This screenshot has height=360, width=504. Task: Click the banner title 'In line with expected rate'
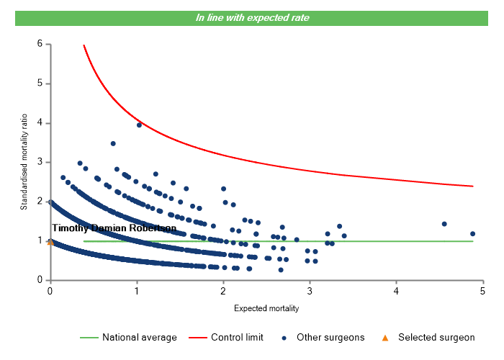point(252,17)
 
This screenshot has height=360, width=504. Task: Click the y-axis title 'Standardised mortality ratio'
point(24,162)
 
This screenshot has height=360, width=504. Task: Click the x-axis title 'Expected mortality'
point(266,308)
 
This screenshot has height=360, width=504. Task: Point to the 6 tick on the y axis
point(40,44)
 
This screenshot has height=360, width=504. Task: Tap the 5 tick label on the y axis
point(40,84)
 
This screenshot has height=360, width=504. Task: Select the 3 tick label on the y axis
point(40,162)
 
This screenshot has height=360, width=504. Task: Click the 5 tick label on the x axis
point(483,290)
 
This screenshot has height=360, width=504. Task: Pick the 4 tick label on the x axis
point(397,290)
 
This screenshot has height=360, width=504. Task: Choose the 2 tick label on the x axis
point(223,290)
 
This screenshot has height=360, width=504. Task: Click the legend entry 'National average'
point(139,337)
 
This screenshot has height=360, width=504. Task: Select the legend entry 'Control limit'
point(237,337)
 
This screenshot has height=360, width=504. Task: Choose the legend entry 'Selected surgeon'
point(436,337)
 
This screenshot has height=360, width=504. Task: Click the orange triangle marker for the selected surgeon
point(50,242)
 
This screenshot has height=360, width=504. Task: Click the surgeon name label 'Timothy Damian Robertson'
point(114,228)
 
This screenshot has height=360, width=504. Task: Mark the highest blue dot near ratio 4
point(140,125)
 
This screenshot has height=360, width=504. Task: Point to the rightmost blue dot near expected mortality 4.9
point(473,233)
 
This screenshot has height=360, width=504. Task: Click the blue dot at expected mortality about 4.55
point(444,224)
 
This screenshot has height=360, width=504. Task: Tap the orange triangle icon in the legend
point(385,337)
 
